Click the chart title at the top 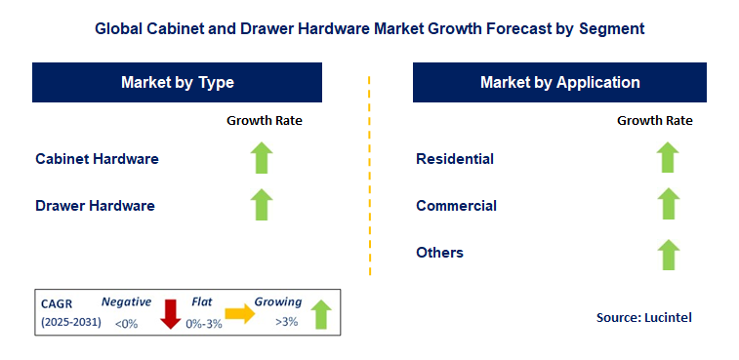point(369,29)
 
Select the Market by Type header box point(178,83)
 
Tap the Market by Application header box point(559,83)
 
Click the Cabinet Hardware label point(97,158)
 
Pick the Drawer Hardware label point(95,206)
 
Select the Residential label point(455,158)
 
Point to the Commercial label point(456,206)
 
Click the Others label point(439,253)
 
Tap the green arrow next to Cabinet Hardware point(262,158)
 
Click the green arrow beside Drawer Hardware point(262,205)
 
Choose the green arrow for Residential point(668,158)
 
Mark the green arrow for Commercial point(668,205)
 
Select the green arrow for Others point(668,254)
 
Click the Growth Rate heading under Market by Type point(265,121)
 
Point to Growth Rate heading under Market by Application point(655,121)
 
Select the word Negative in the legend point(126,302)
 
